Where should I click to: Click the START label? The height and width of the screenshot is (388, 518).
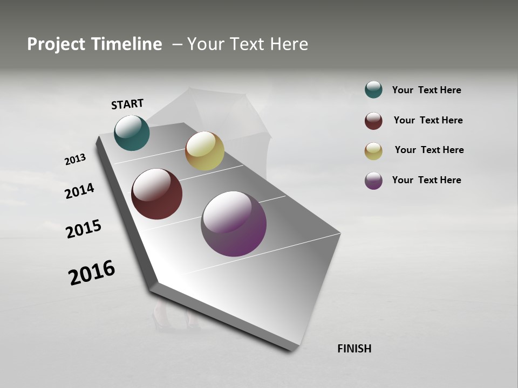point(127,104)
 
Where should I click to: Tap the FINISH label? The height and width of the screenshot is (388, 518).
point(354,349)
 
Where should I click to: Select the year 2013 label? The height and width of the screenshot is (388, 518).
point(75,160)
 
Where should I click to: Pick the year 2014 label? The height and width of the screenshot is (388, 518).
point(79,191)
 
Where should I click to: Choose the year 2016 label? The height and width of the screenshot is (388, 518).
point(92,273)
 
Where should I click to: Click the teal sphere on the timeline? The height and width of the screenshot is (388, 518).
point(132,133)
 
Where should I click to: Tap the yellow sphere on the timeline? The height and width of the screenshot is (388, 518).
point(205,151)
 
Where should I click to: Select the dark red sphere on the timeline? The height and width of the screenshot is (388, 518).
point(156,194)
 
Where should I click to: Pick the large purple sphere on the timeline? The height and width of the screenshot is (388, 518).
point(234,224)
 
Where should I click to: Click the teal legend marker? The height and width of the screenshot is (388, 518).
point(373,89)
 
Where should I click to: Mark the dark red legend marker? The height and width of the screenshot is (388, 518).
point(373,121)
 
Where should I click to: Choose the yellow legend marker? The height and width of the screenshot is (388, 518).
point(373,150)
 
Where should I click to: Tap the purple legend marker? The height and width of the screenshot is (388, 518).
point(373,181)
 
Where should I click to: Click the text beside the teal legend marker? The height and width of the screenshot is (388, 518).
point(426,90)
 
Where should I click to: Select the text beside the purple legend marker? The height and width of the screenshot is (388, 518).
point(426,180)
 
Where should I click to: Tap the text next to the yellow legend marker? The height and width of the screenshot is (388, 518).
point(429,150)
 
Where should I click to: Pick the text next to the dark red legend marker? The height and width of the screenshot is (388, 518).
point(428,120)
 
